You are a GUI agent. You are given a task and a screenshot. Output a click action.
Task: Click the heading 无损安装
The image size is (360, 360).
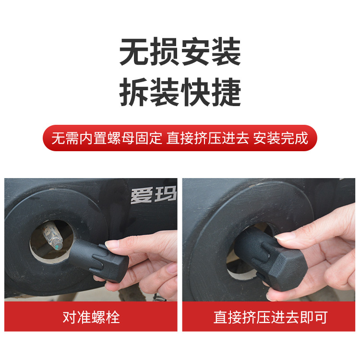[180, 53]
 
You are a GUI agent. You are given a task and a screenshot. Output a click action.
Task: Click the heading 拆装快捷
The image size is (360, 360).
[180, 93]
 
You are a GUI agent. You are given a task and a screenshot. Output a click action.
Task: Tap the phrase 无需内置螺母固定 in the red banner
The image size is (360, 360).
[107, 138]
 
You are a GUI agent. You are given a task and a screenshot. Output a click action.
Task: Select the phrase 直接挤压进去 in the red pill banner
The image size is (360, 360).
[207, 138]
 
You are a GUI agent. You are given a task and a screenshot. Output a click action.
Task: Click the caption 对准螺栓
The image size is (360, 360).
[91, 317]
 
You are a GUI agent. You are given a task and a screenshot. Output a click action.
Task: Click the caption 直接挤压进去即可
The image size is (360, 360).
[270, 317]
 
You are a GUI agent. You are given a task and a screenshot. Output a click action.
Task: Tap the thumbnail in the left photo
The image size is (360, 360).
[114, 245]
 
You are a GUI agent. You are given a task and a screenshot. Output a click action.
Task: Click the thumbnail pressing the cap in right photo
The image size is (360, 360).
[288, 237]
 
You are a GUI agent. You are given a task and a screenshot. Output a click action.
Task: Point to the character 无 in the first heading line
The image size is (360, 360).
[134, 53]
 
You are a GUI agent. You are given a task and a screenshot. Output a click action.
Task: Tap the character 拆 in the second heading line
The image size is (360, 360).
[134, 93]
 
